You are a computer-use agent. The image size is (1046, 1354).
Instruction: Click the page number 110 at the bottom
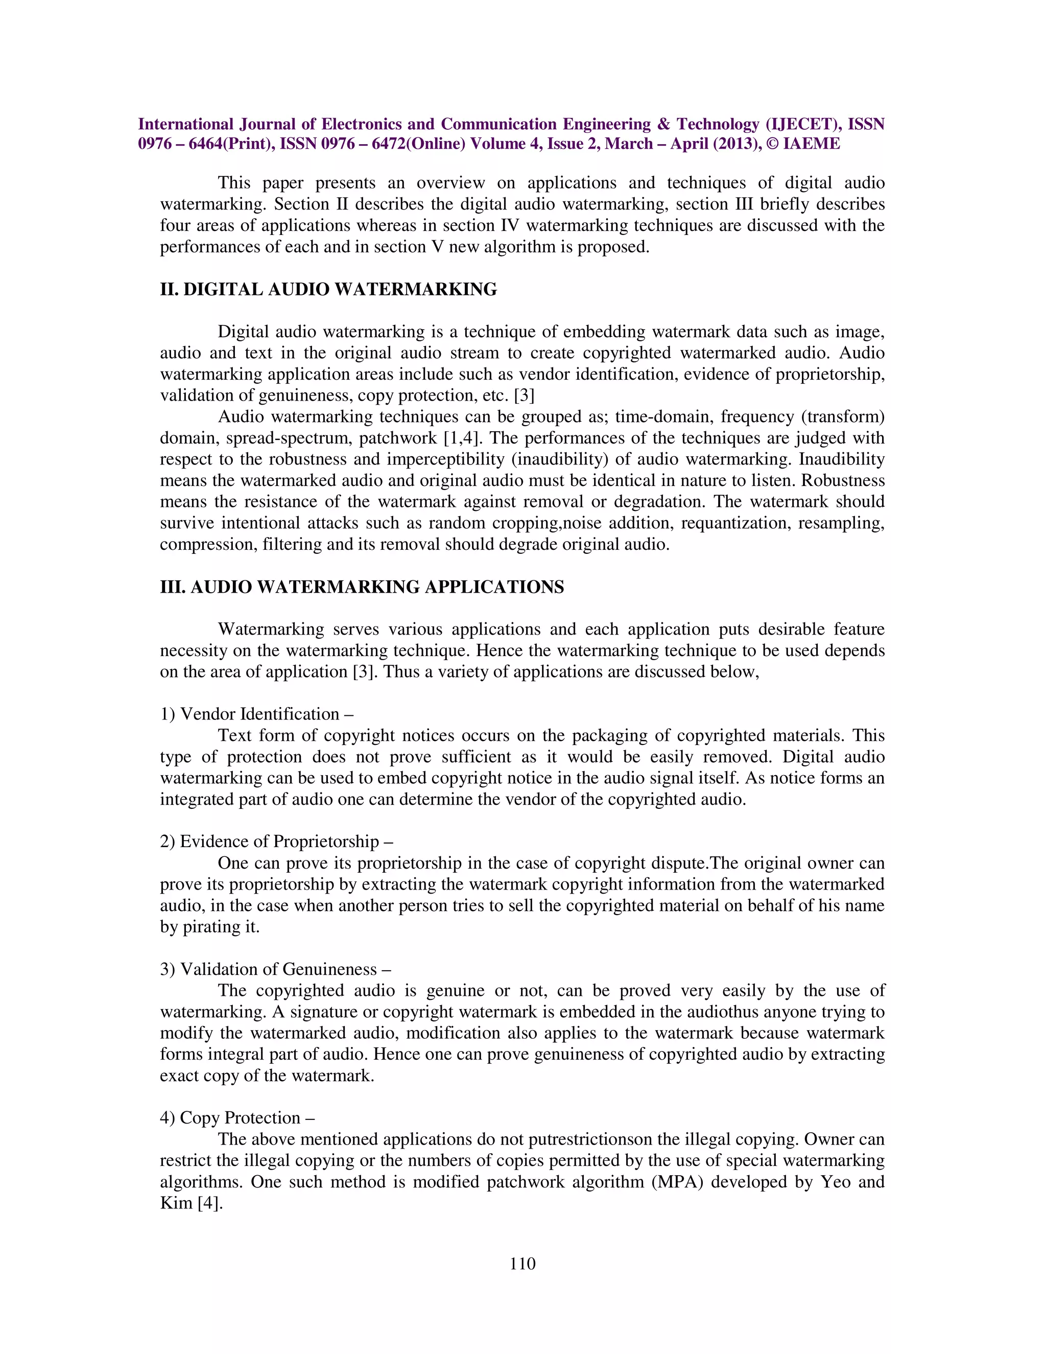pyautogui.click(x=522, y=1264)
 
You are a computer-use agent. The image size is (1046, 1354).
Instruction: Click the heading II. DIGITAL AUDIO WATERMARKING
pyautogui.click(x=328, y=290)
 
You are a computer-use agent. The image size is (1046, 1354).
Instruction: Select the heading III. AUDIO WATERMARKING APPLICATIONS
pyautogui.click(x=362, y=587)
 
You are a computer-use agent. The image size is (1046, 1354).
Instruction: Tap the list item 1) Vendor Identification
pyautogui.click(x=256, y=714)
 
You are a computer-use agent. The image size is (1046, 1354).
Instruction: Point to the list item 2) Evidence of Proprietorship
pyautogui.click(x=276, y=842)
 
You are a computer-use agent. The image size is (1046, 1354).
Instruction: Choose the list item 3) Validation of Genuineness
pyautogui.click(x=275, y=969)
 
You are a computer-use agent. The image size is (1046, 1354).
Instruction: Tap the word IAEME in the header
pyautogui.click(x=812, y=144)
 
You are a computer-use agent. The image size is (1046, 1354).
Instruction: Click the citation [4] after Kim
pyautogui.click(x=209, y=1203)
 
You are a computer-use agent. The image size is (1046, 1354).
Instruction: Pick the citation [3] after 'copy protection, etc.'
pyautogui.click(x=524, y=395)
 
